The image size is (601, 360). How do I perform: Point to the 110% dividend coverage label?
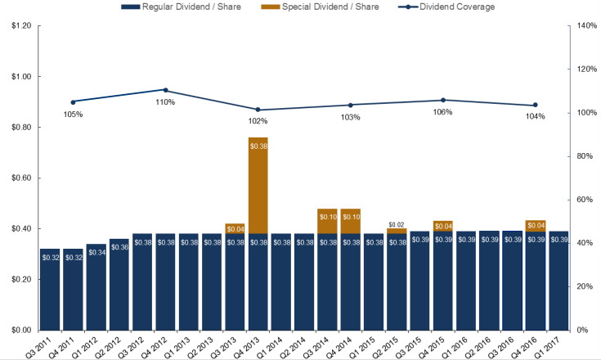coord(165,102)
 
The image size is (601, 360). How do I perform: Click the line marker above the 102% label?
coord(258,110)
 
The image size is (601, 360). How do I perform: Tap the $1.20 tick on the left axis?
coord(20,26)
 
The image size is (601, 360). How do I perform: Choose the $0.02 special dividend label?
coord(397,224)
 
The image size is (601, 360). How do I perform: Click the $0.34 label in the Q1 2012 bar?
coord(96,253)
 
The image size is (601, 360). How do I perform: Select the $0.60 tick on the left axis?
coord(20,178)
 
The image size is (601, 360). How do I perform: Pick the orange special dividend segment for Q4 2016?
coord(536,225)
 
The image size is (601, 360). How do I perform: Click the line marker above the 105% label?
coord(73,102)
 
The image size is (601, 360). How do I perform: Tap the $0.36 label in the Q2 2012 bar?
coord(119,248)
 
